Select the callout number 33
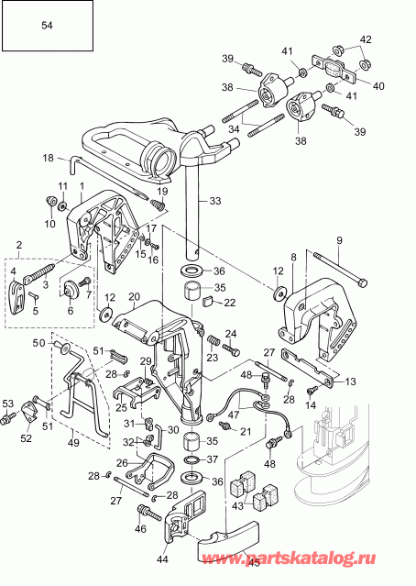(216, 200)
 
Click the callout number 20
(133, 297)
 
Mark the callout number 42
(366, 39)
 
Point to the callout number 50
(38, 343)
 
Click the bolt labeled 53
(11, 419)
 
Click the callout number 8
(292, 257)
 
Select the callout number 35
(218, 287)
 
